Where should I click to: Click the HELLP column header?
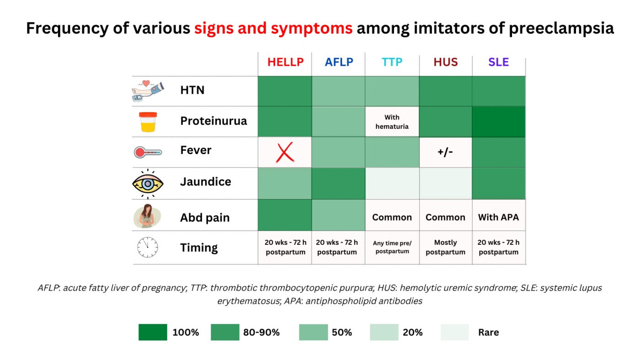[x=285, y=62]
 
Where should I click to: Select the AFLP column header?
[x=339, y=62]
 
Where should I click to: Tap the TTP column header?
[x=392, y=62]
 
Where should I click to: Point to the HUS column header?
[x=445, y=62]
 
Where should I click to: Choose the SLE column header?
[x=498, y=62]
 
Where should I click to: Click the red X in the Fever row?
[x=285, y=152]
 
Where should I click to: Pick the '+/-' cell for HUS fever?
[x=445, y=152]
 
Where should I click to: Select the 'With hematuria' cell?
[x=392, y=122]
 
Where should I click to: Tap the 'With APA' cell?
[x=498, y=217]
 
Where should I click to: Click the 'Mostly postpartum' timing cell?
[x=445, y=247]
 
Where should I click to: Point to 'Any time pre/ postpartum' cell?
[x=392, y=247]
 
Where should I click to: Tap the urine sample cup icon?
[x=148, y=122]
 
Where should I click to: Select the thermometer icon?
[x=148, y=152]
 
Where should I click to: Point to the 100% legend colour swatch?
[x=153, y=332]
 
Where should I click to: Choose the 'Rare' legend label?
[x=488, y=332]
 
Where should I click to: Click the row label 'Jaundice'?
[x=206, y=182]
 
